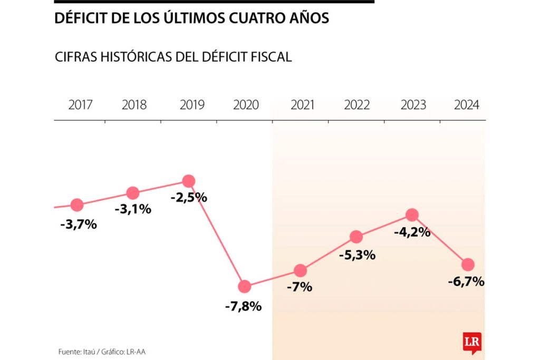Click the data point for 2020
point(245,287)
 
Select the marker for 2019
point(189,181)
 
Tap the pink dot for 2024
point(468,264)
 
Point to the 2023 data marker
point(412,215)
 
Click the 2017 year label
point(80,105)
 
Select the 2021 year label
point(302,105)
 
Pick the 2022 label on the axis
point(357,105)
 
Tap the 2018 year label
point(134,105)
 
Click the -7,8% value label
point(243,306)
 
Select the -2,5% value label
point(189,198)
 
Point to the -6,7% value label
point(466,281)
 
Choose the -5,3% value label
point(357,255)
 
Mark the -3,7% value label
point(79,224)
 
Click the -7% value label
point(300,287)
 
